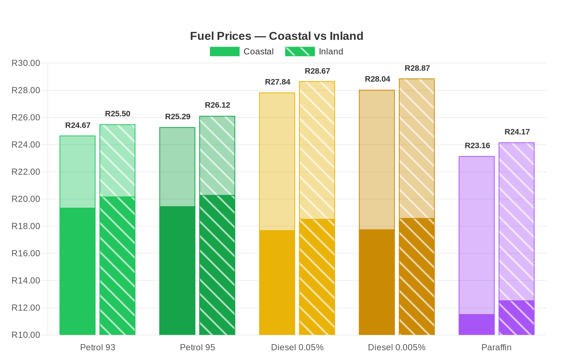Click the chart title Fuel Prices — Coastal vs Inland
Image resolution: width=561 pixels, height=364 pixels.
(277, 36)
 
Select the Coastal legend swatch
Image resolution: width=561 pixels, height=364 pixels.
(224, 51)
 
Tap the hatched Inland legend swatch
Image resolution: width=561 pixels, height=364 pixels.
(300, 51)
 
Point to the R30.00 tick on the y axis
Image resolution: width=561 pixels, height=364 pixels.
(26, 63)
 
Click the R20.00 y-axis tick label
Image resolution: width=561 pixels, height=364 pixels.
(26, 199)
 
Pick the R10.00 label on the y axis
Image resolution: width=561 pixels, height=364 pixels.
(26, 335)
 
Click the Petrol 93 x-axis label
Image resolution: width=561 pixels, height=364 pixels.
(98, 347)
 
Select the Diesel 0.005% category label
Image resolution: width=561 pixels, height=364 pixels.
(397, 347)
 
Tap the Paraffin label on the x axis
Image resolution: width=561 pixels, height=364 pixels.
(496, 347)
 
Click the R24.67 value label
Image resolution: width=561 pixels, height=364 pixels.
(78, 126)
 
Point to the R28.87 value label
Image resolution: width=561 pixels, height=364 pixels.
(417, 68)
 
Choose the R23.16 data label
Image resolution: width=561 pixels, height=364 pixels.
(477, 146)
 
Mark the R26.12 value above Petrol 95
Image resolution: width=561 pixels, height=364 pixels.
(218, 105)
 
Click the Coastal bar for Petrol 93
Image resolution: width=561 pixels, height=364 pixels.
(77, 235)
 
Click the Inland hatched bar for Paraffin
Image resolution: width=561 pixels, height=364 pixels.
(516, 239)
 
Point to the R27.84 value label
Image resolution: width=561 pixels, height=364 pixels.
(278, 82)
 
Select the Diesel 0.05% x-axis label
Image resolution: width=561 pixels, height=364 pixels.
(297, 347)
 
